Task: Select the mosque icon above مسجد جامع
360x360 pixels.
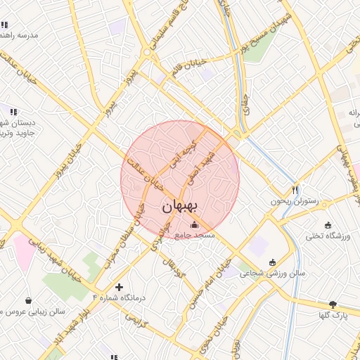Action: [195, 224]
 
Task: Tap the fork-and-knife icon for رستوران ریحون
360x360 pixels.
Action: [295, 190]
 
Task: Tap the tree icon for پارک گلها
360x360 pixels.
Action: [333, 304]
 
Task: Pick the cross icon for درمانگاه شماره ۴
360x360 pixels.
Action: [118, 287]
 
